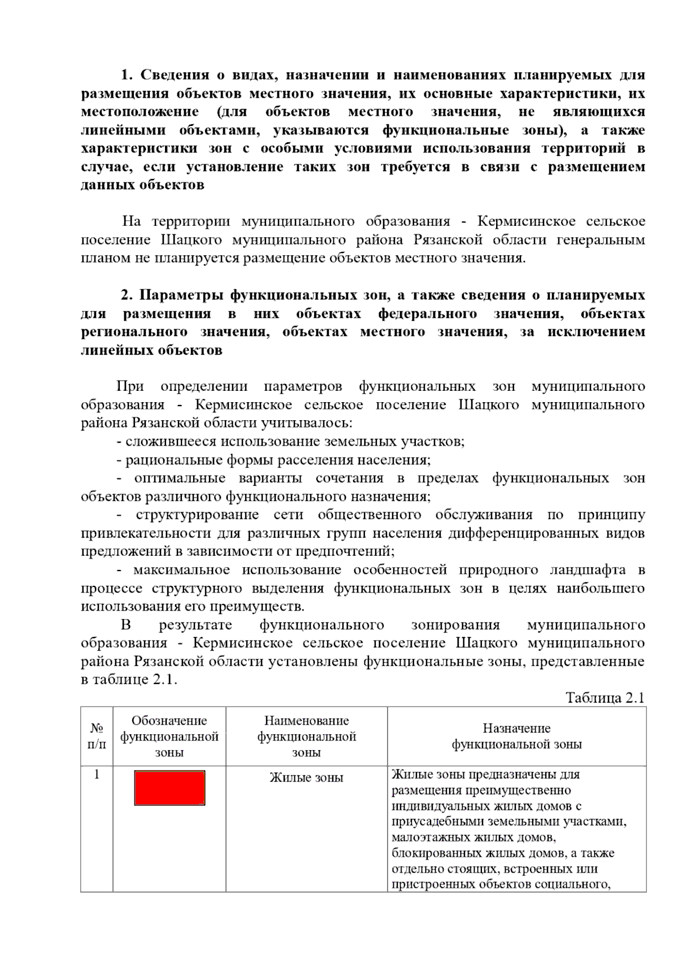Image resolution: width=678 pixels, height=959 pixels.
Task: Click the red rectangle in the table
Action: tap(169, 787)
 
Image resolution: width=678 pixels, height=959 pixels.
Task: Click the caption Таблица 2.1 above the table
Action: tap(605, 698)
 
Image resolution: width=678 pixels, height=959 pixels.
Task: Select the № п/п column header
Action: tap(97, 736)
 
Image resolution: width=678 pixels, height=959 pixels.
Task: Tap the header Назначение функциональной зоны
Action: tap(516, 736)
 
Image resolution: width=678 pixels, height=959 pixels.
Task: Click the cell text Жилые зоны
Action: tap(306, 778)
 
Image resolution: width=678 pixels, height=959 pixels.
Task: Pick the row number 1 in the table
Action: tap(97, 774)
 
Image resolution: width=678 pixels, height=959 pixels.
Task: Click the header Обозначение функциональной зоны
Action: tap(169, 736)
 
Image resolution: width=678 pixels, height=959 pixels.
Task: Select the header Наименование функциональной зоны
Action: tap(306, 736)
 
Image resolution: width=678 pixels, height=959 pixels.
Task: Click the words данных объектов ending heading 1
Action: tap(142, 185)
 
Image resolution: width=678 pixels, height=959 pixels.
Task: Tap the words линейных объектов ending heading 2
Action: tap(151, 351)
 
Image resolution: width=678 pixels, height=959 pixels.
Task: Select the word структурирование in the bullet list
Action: tap(197, 515)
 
